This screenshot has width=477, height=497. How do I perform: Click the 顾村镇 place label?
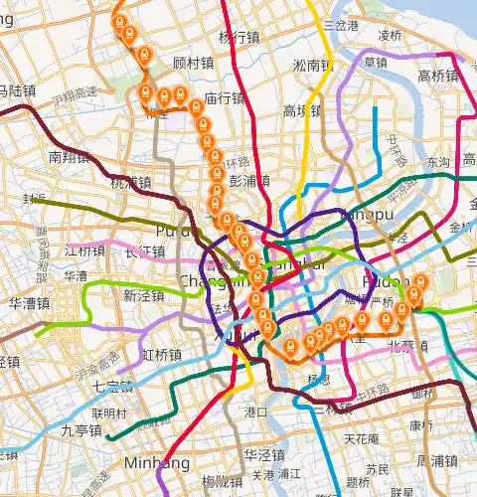coord(193,62)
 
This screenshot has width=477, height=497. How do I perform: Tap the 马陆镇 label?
coord(17,90)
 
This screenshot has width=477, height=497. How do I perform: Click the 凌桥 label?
coord(390,35)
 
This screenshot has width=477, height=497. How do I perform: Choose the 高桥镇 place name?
coord(437,76)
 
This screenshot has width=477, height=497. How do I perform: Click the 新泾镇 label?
coord(143,295)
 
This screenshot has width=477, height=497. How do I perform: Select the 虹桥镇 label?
coord(161,355)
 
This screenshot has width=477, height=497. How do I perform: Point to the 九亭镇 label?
coord(81,430)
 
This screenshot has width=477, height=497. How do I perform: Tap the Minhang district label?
coord(150,463)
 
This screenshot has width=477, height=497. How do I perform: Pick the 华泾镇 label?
coord(264,456)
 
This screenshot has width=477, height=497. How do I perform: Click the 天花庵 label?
coord(361,438)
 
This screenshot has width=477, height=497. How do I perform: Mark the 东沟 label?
coord(437,161)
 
